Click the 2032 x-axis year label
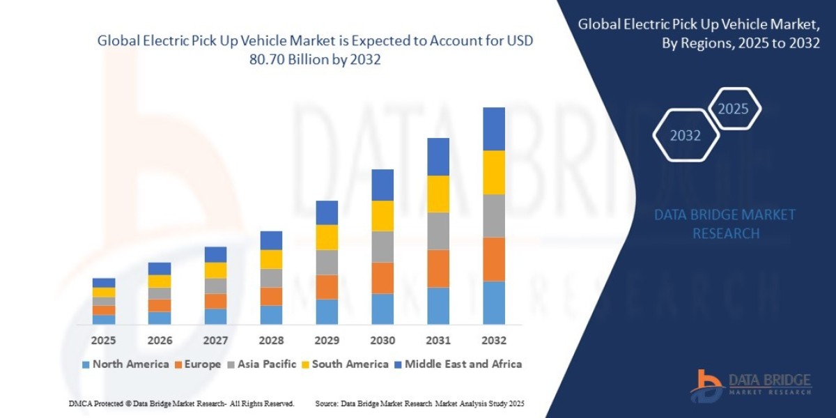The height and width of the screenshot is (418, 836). (493, 341)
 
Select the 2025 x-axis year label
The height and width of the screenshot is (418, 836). (103, 341)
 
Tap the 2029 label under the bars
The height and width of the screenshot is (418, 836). (326, 341)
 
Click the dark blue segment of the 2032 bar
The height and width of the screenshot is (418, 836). (493, 129)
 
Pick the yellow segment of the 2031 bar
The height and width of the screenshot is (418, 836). (438, 194)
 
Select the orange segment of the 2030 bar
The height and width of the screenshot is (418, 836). (382, 278)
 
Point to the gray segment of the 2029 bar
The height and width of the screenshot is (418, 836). (326, 262)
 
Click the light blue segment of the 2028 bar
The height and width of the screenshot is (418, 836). (270, 314)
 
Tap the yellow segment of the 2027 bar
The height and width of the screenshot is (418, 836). (215, 270)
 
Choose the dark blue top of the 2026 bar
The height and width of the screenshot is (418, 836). (159, 268)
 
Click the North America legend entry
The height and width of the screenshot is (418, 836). (125, 364)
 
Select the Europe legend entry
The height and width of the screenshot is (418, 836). (199, 364)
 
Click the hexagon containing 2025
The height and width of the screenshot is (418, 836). (733, 109)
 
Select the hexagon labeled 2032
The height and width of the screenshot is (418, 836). (686, 135)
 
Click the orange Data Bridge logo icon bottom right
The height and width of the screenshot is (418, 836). (706, 385)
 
